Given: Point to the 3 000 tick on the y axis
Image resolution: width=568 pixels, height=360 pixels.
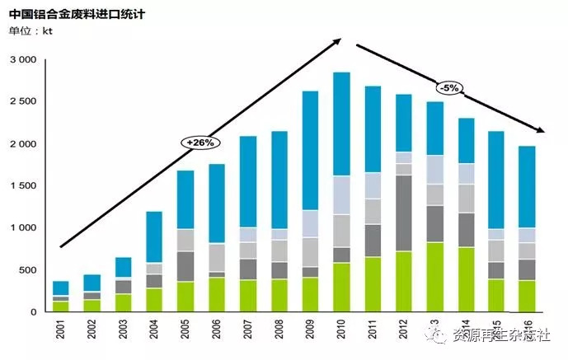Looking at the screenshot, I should click(23, 60).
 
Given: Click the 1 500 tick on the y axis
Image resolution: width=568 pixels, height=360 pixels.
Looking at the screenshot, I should click(23, 186).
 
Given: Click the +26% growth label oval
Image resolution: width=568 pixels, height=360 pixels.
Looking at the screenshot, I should click(200, 142).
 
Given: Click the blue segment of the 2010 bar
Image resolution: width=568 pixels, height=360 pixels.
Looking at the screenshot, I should click(341, 124).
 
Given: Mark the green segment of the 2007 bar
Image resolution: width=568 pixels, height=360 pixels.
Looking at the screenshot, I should click(248, 296).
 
